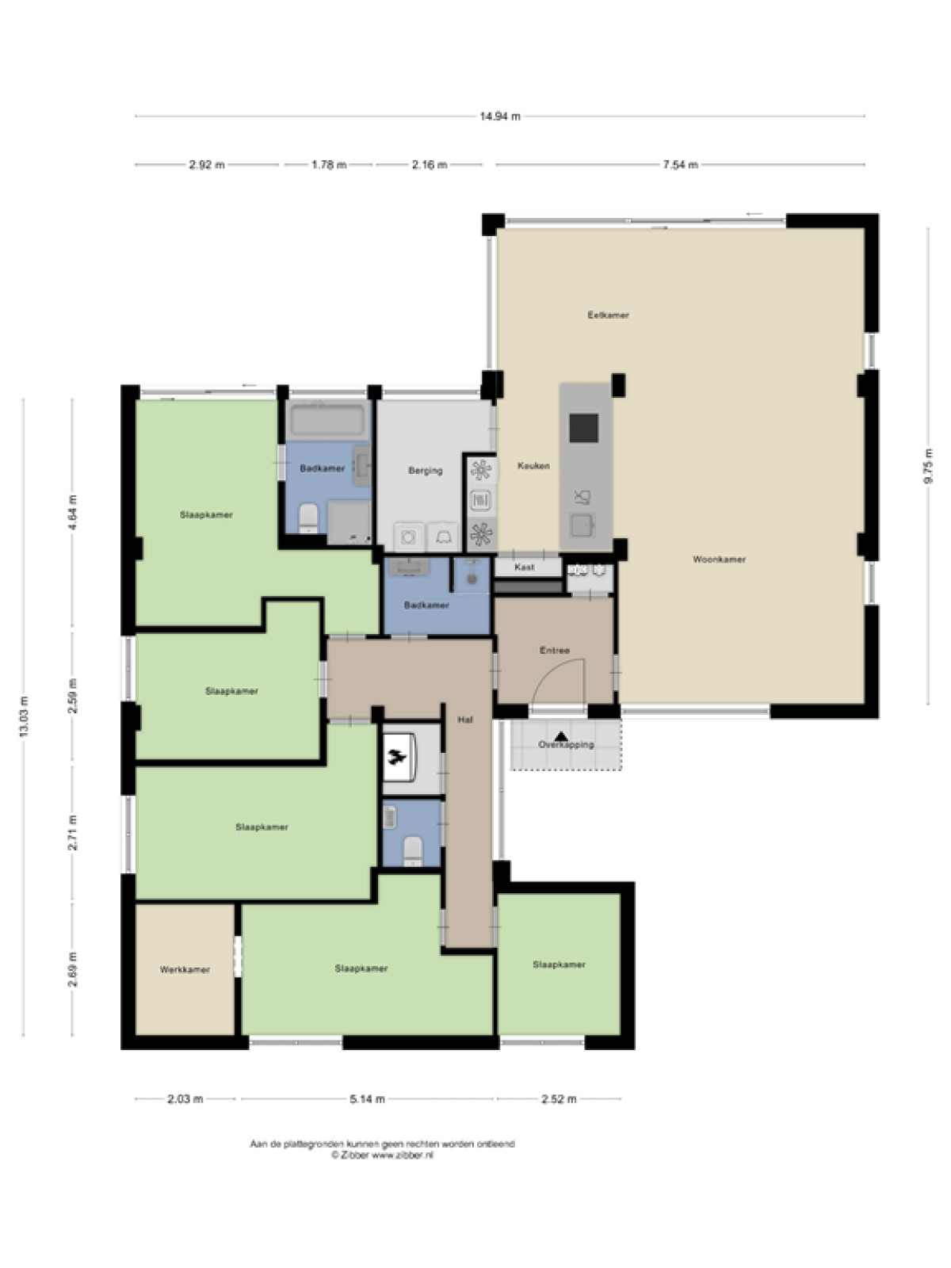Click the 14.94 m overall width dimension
pos(500,116)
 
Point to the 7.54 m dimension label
pos(680,165)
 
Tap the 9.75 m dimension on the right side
pos(928,466)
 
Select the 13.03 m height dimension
pos(24,717)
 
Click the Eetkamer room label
pos(608,315)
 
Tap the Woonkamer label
pos(719,560)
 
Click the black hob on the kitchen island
pos(584,428)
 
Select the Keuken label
pos(533,466)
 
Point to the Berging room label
pos(426,471)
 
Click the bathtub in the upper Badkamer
pos(329,420)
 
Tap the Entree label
pos(554,651)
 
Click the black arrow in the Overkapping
pos(560,736)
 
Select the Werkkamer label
pos(185,970)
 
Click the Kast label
pos(525,567)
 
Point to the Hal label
pos(465,720)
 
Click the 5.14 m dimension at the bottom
pos(367,1099)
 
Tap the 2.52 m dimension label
pos(559,1099)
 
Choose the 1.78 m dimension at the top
pos(329,165)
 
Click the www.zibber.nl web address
pos(403,1155)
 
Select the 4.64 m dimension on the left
pos(72,513)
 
